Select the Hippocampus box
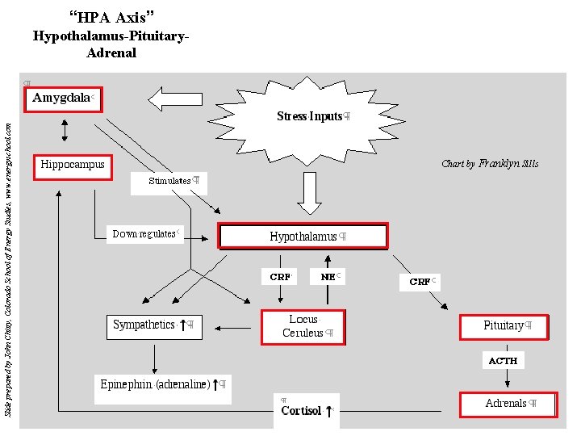pyautogui.click(x=73, y=166)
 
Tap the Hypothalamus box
pyautogui.click(x=303, y=237)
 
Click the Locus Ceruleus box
pyautogui.click(x=303, y=327)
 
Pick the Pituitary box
pyautogui.click(x=504, y=326)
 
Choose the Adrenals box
pyautogui.click(x=508, y=404)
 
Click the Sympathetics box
pyautogui.click(x=153, y=325)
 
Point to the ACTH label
pyautogui.click(x=503, y=360)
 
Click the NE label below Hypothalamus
pyautogui.click(x=328, y=277)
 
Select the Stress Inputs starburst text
pyautogui.click(x=311, y=116)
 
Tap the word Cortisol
pyautogui.click(x=302, y=411)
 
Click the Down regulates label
pyautogui.click(x=145, y=234)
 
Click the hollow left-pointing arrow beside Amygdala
pyautogui.click(x=180, y=99)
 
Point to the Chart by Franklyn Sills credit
pyautogui.click(x=489, y=164)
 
